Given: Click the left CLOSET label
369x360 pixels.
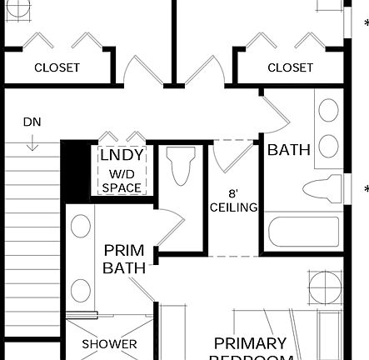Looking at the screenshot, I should click(x=57, y=67).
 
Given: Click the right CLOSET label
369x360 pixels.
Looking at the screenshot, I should click(x=290, y=67).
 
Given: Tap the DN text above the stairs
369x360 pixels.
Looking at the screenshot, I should click(x=32, y=122).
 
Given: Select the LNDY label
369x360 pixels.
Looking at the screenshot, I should click(x=122, y=156).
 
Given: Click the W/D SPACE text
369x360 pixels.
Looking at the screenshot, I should click(x=122, y=182).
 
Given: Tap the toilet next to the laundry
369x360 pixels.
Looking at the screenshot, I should click(x=181, y=166).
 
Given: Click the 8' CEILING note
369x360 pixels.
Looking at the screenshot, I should click(x=233, y=200).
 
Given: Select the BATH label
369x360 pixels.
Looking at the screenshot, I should click(x=289, y=151).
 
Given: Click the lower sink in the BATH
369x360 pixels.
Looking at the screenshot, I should click(x=329, y=146).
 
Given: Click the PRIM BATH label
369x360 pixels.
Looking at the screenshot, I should click(x=124, y=259).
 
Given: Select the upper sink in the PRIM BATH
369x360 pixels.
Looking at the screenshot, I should click(x=81, y=227).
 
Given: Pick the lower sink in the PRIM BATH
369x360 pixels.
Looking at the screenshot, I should click(x=81, y=290).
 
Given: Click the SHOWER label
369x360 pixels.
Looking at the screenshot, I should click(x=109, y=344).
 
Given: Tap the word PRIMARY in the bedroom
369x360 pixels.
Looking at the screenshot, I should click(x=250, y=343).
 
